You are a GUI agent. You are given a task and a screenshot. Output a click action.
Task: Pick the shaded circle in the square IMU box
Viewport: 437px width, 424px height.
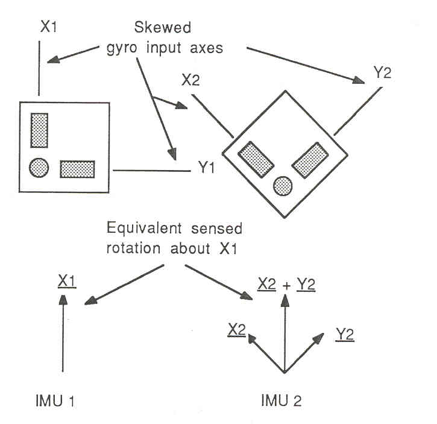39,168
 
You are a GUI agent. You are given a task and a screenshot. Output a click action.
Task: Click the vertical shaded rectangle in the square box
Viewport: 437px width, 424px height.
40,130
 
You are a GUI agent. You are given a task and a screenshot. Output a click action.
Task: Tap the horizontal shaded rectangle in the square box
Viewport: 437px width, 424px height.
77,169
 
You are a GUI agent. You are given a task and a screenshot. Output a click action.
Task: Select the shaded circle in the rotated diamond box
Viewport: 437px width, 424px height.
283,186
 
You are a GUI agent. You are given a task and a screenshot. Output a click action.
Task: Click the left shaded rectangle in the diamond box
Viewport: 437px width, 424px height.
255,157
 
